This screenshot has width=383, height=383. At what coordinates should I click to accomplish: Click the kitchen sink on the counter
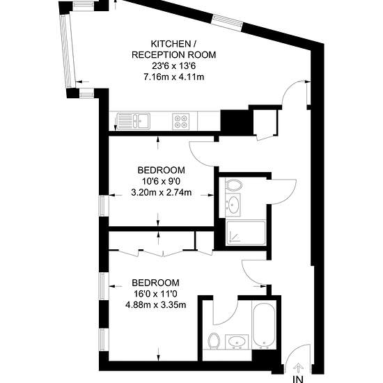tap(133, 121)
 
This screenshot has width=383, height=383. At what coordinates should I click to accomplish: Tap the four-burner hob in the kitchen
tap(181, 121)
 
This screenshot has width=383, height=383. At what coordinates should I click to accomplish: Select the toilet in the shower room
tap(233, 185)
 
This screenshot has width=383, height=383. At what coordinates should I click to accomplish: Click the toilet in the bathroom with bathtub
tap(214, 341)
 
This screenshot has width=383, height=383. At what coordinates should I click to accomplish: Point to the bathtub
tap(264, 325)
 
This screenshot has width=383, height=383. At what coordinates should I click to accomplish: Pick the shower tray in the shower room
tap(246, 233)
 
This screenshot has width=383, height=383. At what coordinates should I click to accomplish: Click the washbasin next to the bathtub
tap(237, 341)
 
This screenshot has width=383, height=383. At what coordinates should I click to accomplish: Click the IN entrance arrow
tap(298, 367)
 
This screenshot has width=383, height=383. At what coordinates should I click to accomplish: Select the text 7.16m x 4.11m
tap(173, 77)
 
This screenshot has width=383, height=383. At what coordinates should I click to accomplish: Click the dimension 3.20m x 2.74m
tap(162, 193)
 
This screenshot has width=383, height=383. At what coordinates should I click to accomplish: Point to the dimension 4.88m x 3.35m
tap(155, 305)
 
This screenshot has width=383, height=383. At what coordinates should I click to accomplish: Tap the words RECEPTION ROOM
tap(173, 55)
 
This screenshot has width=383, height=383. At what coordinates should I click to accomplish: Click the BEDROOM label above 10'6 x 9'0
tap(162, 170)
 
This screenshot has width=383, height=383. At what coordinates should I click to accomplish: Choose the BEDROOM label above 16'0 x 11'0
tap(155, 283)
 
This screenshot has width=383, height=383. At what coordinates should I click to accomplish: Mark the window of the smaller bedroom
tap(104, 205)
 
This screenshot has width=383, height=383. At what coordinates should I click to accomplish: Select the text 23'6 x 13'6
tap(173, 66)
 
